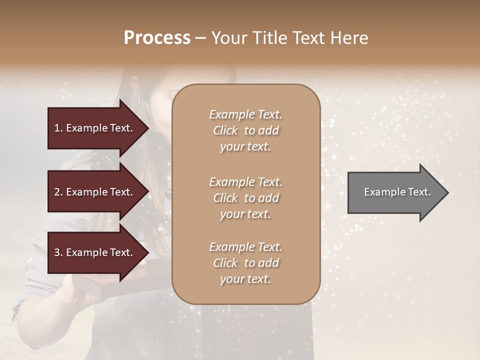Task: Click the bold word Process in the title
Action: (x=157, y=38)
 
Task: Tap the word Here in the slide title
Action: (x=350, y=38)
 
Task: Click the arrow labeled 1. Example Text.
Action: (x=95, y=128)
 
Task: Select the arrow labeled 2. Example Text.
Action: (x=95, y=192)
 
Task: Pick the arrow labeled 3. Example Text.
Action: (x=95, y=252)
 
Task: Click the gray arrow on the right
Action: (x=395, y=192)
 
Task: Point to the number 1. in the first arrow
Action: (x=58, y=128)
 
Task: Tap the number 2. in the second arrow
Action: (x=58, y=192)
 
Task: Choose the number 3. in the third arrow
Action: (x=58, y=252)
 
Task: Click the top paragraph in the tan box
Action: (x=245, y=130)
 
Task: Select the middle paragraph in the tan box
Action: (x=245, y=198)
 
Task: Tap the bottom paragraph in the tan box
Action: (x=245, y=263)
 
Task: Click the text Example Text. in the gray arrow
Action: (x=397, y=192)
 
